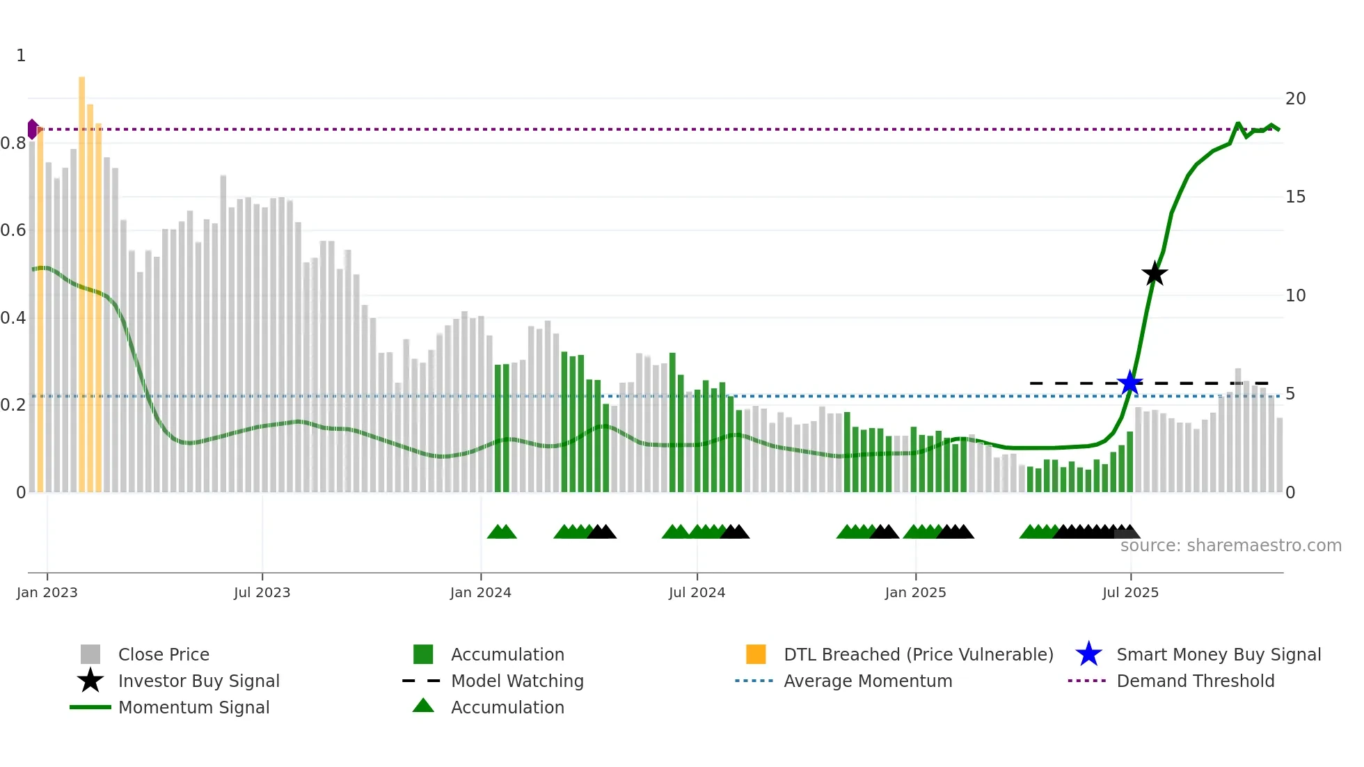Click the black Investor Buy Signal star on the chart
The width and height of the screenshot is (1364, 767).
(x=1155, y=274)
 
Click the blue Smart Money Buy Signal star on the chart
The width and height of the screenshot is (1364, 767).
(x=1130, y=383)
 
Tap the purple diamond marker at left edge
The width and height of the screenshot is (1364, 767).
(x=32, y=129)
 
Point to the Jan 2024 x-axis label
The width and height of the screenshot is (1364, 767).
(x=480, y=592)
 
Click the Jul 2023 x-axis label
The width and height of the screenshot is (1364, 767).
(x=262, y=592)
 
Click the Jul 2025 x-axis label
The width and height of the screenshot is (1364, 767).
(x=1130, y=592)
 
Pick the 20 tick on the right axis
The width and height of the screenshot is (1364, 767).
(x=1295, y=99)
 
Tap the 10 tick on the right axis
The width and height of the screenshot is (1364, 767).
(x=1295, y=296)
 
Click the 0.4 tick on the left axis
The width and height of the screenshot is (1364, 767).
(x=13, y=318)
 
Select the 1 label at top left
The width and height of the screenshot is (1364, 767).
(x=21, y=56)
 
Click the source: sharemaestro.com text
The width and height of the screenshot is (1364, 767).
(x=1230, y=546)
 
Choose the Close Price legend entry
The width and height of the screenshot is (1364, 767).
(x=164, y=654)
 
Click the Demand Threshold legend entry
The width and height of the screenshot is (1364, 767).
(x=1195, y=681)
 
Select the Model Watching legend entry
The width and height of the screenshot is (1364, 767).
(x=517, y=681)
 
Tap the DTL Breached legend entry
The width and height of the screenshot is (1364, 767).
(x=918, y=654)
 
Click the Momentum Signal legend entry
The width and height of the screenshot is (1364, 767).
(x=193, y=707)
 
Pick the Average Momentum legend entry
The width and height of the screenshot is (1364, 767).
(x=868, y=681)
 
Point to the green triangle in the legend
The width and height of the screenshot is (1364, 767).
(x=423, y=706)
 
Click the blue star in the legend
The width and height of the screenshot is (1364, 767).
(x=1088, y=654)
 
